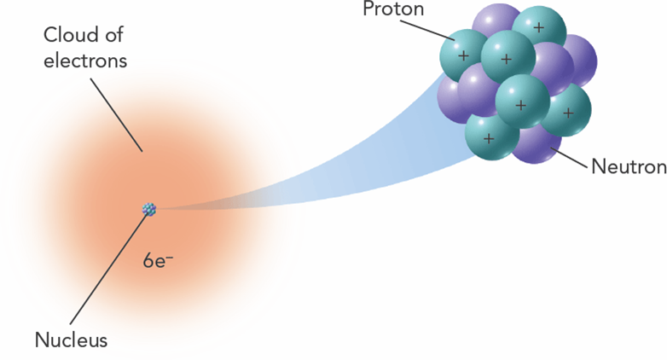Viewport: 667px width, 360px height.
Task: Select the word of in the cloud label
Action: coord(117,38)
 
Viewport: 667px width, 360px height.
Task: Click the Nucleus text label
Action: coord(71,340)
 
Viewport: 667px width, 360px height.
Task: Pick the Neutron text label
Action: coord(628,166)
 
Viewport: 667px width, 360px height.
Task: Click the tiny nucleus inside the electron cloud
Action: coord(149,208)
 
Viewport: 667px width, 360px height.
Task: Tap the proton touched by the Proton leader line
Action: coord(463,55)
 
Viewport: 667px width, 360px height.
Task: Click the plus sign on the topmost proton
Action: coord(538,27)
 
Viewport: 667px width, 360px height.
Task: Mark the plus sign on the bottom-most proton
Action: coord(489,136)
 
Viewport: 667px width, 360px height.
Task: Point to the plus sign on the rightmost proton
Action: coord(567,113)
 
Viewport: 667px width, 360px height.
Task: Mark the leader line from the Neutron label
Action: coord(571,157)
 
